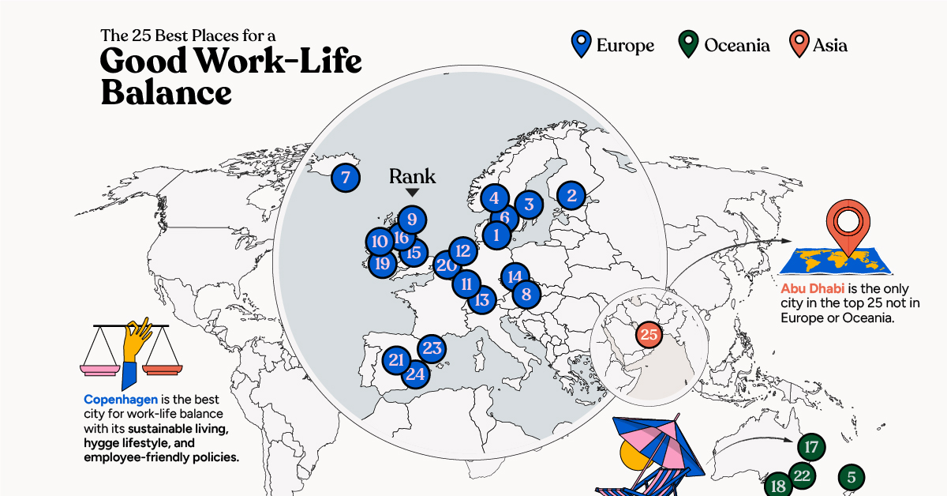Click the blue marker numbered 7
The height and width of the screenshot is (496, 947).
click(345, 177)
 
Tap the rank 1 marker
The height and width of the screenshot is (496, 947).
click(496, 234)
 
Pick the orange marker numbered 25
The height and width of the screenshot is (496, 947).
click(649, 335)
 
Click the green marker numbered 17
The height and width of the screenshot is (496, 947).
click(810, 447)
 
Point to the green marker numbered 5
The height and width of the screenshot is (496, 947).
click(851, 477)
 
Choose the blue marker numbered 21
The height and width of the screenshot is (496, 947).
click(396, 361)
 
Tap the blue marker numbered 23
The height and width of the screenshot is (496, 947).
click(432, 348)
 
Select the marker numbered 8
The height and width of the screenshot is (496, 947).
click(526, 295)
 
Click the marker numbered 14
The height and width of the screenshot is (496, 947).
click(515, 276)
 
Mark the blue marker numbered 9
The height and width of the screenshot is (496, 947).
click(412, 219)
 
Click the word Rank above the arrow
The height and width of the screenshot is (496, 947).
click(412, 177)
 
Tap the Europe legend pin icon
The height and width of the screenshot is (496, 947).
click(581, 44)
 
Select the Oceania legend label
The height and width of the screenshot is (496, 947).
click(737, 45)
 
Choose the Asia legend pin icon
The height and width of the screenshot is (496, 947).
click(799, 44)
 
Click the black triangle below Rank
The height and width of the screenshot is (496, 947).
click(412, 193)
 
